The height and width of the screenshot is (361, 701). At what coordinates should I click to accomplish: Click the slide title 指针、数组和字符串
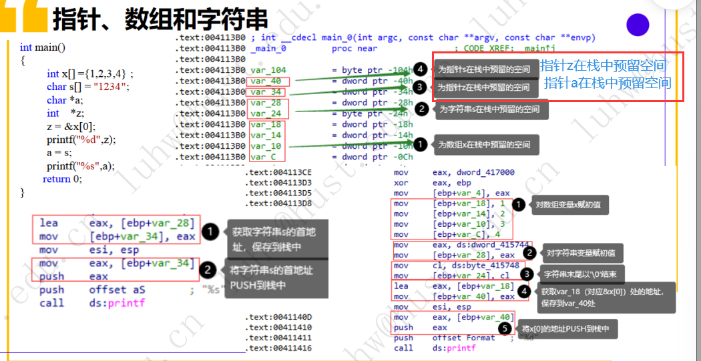160,19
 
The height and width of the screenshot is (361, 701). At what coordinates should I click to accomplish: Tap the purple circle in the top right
638,25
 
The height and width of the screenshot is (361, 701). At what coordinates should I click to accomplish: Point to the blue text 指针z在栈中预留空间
603,66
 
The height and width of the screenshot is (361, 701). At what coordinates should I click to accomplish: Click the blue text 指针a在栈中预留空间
608,83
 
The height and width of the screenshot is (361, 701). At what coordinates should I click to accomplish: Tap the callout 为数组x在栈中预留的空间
487,144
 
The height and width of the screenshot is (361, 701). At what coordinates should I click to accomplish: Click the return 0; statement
63,179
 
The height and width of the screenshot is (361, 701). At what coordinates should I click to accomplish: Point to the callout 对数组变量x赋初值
567,205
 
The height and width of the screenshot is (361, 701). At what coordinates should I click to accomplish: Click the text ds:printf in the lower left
117,303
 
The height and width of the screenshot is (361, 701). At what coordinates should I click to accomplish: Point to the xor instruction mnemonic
401,183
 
